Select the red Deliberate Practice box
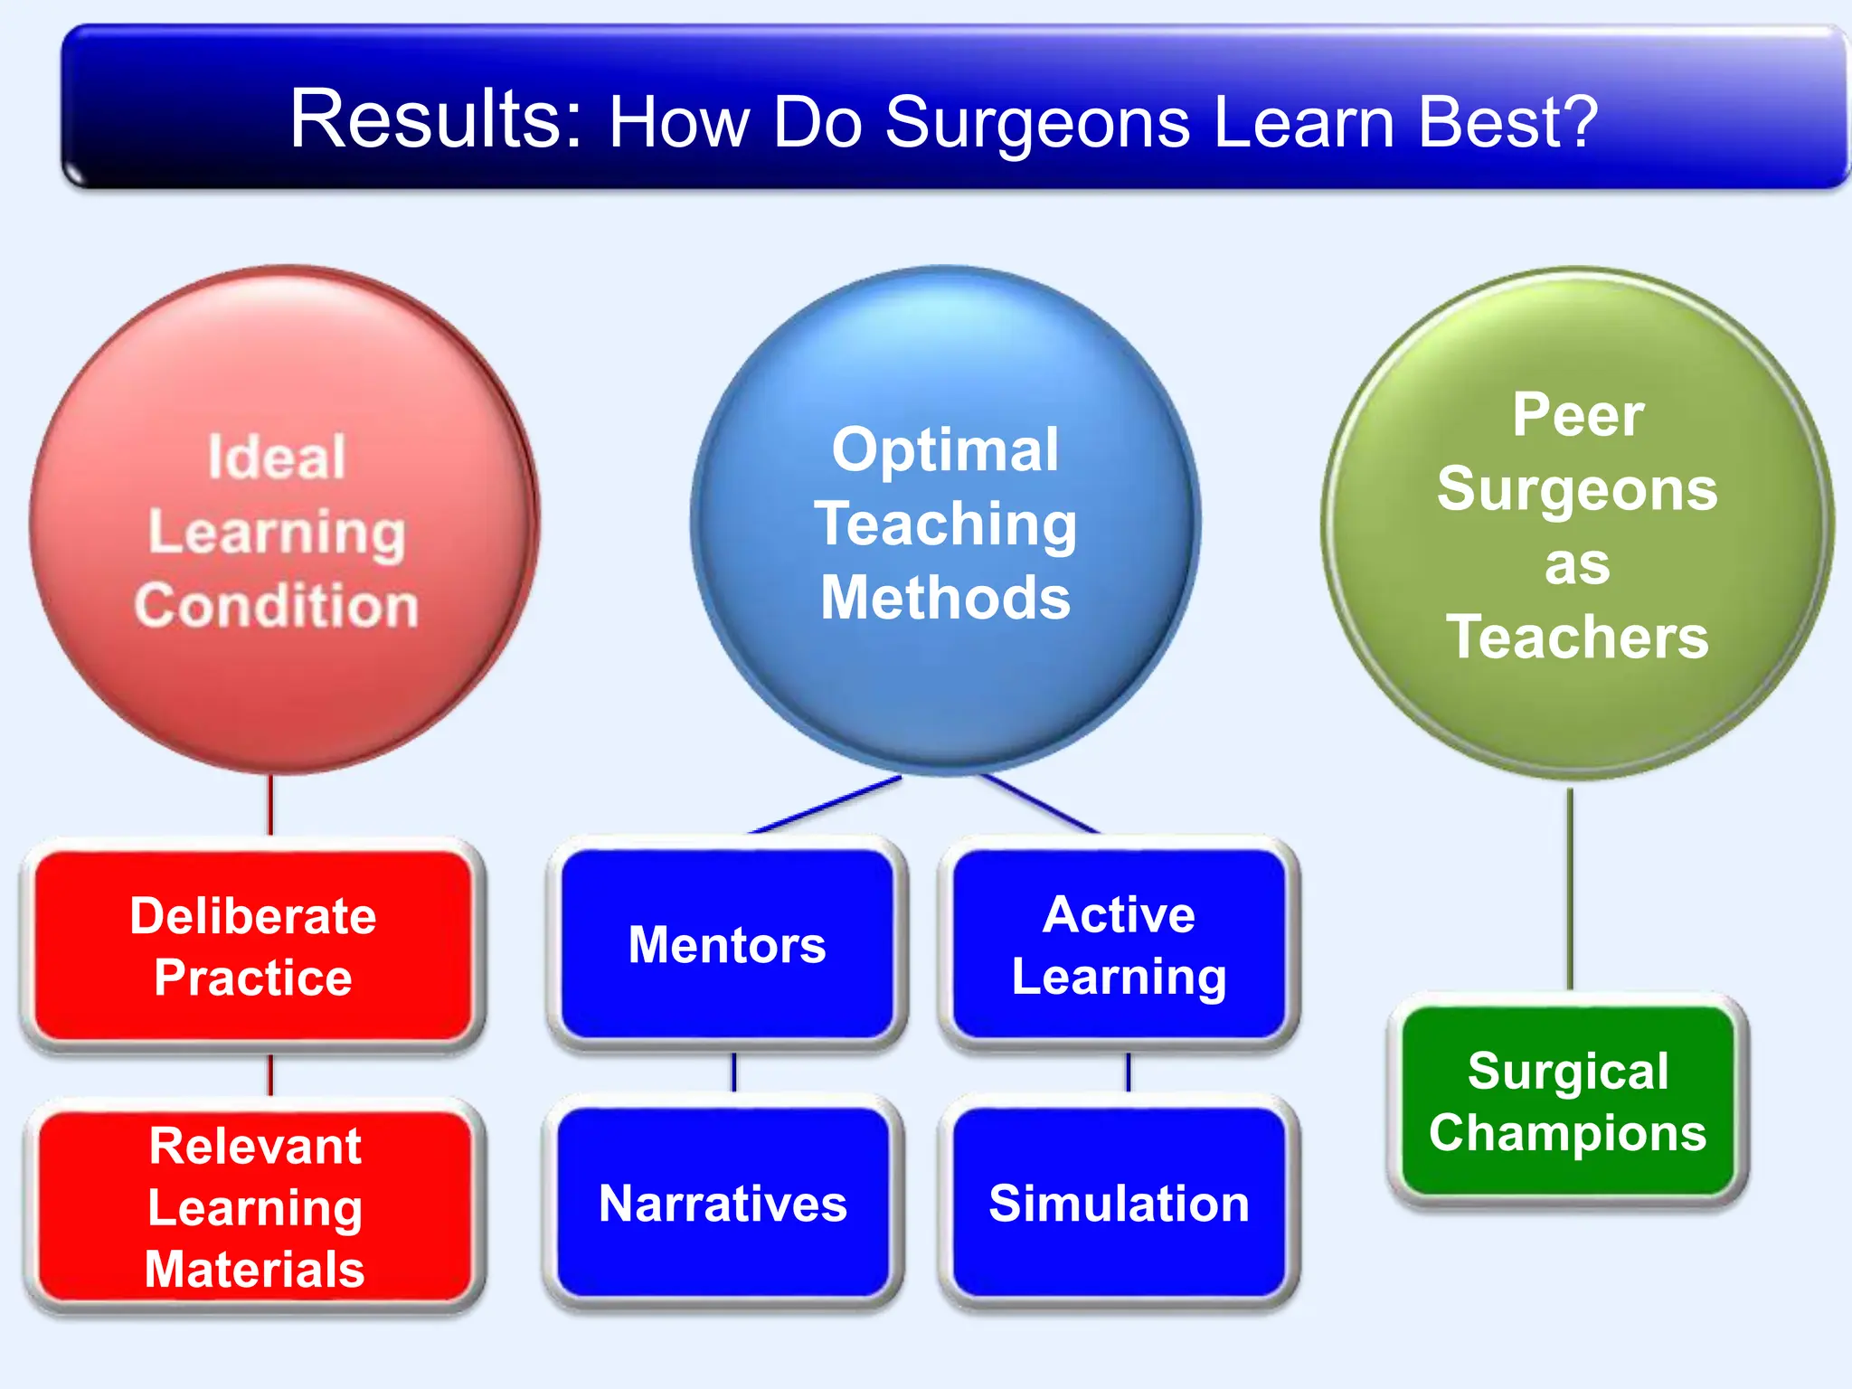click(253, 946)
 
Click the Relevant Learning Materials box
click(255, 1206)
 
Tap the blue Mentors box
click(727, 945)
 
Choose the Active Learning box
click(1119, 945)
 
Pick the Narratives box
click(723, 1204)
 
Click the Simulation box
click(1119, 1204)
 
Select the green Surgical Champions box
click(1567, 1101)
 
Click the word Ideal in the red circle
click(276, 457)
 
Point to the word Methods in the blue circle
click(945, 598)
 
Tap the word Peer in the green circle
click(1578, 415)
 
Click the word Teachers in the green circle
click(1577, 638)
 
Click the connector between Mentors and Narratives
click(733, 1072)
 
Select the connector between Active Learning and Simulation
click(1128, 1072)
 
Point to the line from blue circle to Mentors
click(825, 805)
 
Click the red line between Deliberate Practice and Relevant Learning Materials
click(270, 1074)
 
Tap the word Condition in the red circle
click(276, 605)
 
